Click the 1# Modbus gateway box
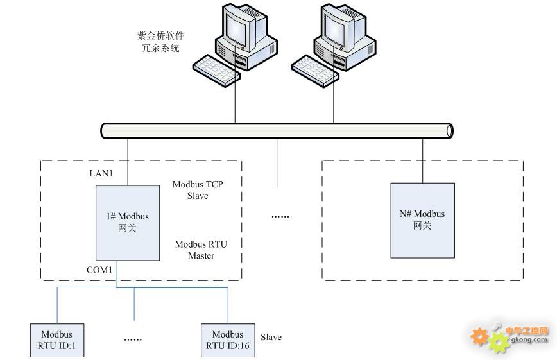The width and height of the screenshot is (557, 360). click(128, 223)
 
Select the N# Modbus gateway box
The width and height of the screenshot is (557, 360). click(422, 220)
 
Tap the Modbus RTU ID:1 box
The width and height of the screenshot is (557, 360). click(57, 341)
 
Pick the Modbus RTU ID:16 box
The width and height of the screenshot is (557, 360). click(228, 341)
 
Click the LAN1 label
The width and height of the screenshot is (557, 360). click(101, 174)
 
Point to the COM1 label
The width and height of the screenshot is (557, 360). click(99, 270)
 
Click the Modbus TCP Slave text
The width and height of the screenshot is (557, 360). click(198, 190)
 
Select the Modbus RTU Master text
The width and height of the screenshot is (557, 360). click(201, 250)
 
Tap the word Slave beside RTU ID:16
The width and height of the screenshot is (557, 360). click(271, 337)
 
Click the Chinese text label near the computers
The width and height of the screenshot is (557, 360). click(161, 42)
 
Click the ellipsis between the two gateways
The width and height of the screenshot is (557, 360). click(280, 216)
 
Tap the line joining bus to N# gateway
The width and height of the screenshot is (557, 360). click(422, 160)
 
